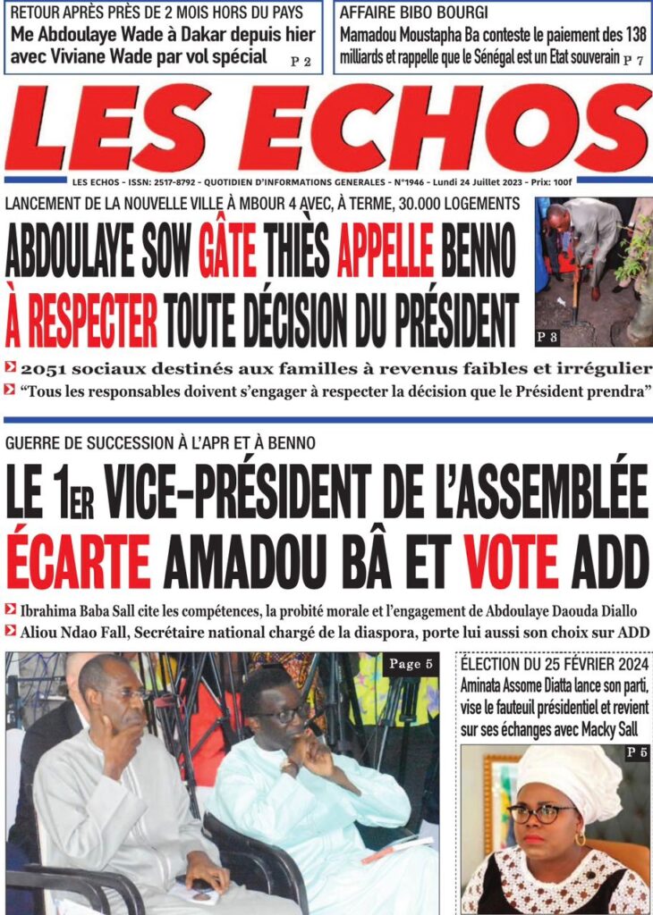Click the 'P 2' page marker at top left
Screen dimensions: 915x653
coord(301,62)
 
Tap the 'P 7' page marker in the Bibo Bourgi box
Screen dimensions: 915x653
coord(633,60)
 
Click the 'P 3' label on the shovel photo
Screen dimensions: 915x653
coord(547,337)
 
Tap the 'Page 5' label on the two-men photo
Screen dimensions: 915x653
coord(410,664)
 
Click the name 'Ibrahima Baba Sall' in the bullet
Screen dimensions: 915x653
coord(75,611)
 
